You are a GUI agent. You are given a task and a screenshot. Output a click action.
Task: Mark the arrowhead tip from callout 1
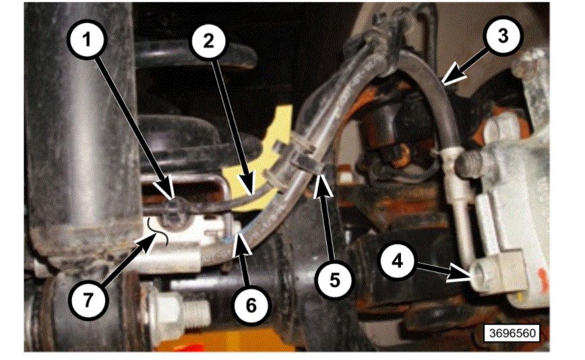point(174,202)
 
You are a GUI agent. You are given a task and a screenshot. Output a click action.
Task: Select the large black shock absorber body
point(81,135)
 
